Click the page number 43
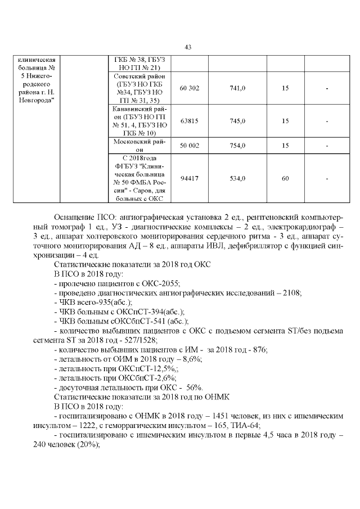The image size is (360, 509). click(188, 47)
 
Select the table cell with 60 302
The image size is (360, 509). click(189, 88)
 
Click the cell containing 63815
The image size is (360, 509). click(189, 121)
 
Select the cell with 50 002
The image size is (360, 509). click(189, 146)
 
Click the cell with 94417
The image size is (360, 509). click(189, 178)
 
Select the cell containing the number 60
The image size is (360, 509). click(285, 178)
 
